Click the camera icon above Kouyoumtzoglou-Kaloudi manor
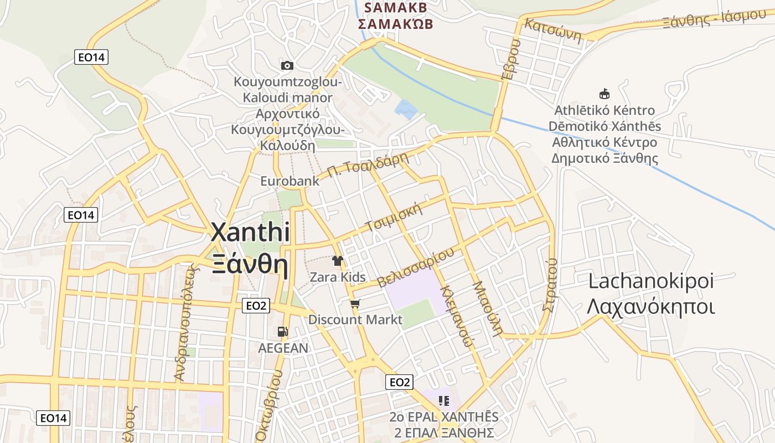point(287,66)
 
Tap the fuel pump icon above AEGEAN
point(282,332)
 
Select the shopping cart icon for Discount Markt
point(355,303)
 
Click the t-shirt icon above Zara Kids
point(337,260)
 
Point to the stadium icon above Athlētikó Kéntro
point(604,94)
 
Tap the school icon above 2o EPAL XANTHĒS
point(443,400)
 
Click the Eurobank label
point(290,181)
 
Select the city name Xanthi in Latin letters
point(250,233)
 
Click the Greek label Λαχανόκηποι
point(650,307)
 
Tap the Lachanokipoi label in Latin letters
point(651,281)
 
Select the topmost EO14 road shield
point(91,57)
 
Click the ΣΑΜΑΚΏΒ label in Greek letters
point(395,24)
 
